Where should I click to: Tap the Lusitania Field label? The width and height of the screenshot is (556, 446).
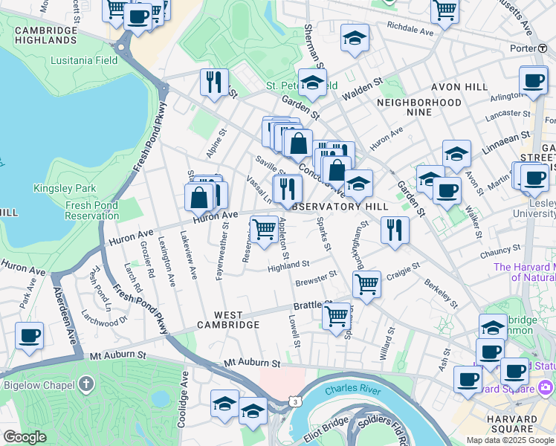coord(82,61)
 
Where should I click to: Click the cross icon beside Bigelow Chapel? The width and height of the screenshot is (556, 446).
coord(87,384)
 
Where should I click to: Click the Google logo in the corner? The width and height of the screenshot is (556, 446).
coord(25,437)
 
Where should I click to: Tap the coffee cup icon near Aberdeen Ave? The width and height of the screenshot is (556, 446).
coord(29,335)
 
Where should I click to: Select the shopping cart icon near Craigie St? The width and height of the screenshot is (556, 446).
coord(366,282)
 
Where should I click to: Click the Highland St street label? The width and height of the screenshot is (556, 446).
coord(288,265)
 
